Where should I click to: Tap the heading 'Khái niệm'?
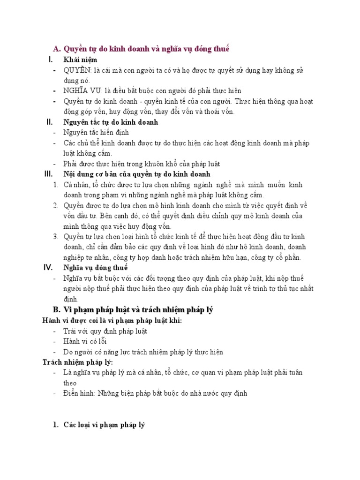[x=80, y=60]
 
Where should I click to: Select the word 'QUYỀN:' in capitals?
[x=78, y=70]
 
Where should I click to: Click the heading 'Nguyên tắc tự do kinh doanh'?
[x=111, y=122]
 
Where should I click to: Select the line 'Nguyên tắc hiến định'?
[x=96, y=133]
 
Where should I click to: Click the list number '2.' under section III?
[x=56, y=205]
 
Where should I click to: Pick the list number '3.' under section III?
[x=56, y=236]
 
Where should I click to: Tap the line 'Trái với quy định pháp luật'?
[x=105, y=331]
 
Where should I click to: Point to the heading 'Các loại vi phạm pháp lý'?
[x=105, y=425]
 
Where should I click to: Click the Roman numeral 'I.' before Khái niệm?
[x=50, y=60]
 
